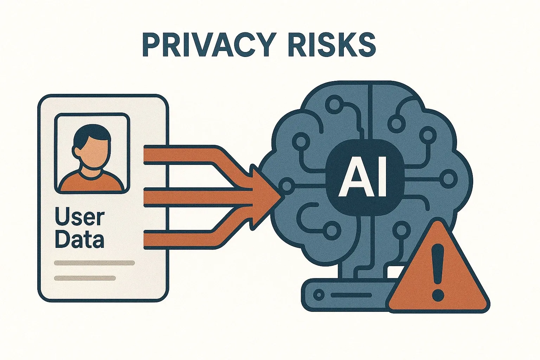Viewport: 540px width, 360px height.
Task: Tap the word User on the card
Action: (80, 217)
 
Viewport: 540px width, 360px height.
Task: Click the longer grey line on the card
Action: (95, 263)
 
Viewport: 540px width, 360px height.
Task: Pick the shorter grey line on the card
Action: (85, 278)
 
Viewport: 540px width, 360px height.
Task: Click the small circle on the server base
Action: (319, 295)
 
